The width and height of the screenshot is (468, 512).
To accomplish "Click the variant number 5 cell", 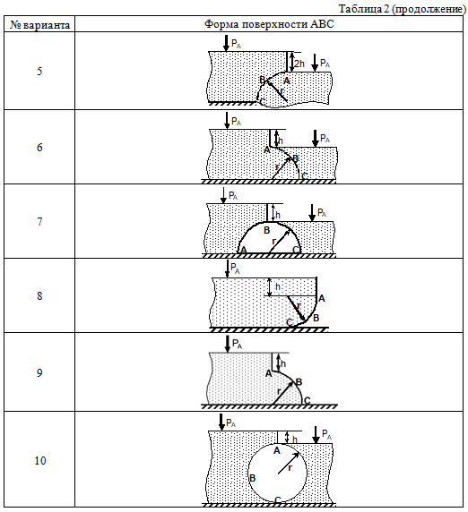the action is click(x=39, y=72).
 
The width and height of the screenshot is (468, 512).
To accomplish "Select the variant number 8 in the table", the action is click(x=39, y=296).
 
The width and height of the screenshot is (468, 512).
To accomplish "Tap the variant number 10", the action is click(x=40, y=461).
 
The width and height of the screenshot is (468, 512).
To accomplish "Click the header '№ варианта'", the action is click(x=39, y=25).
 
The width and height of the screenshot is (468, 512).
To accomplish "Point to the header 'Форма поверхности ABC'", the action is click(x=269, y=24).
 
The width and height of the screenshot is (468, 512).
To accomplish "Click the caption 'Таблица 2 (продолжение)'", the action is click(x=402, y=9).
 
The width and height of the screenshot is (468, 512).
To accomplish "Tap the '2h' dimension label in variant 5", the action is click(x=299, y=64).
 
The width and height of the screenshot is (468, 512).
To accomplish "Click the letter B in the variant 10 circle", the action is click(x=252, y=479).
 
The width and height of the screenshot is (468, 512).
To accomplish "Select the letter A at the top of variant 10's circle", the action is click(x=277, y=451).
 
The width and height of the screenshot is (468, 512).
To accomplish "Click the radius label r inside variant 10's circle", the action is click(x=290, y=468).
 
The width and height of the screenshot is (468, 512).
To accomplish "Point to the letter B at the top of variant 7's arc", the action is click(x=266, y=231).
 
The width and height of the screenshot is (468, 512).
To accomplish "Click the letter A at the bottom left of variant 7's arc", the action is click(x=243, y=250).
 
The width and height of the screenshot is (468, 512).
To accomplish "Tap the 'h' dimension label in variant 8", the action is click(x=278, y=286).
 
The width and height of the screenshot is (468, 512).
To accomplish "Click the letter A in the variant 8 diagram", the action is click(x=322, y=298).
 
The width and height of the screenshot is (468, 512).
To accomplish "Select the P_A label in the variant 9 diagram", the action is click(x=237, y=344).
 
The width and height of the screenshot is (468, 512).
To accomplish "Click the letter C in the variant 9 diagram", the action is click(x=308, y=400).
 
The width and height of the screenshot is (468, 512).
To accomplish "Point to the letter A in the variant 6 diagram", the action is click(x=267, y=149).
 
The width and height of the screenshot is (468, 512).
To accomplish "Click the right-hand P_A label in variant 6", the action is click(x=325, y=139).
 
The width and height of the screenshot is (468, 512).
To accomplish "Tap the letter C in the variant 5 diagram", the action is click(x=263, y=102).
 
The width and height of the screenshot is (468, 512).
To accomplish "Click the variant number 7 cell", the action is click(x=39, y=222).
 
